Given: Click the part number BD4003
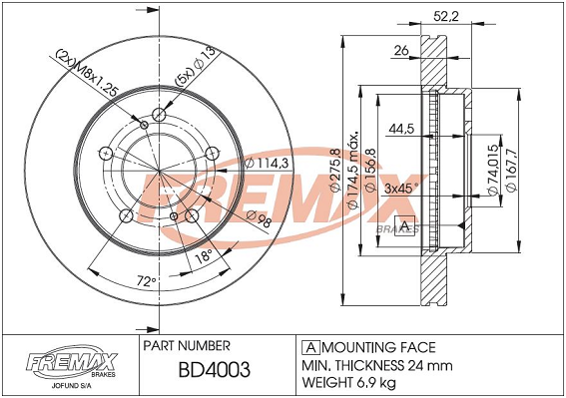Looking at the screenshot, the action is (214, 370).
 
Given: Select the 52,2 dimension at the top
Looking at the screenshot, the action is (446, 16).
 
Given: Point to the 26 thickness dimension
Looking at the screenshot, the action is (401, 51).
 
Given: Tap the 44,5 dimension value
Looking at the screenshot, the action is (400, 129).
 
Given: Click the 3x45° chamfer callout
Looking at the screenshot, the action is (401, 189).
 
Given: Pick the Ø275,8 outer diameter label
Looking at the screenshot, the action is (335, 171).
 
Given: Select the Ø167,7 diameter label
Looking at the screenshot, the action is (512, 170).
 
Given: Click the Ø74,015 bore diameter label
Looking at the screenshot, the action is (493, 171).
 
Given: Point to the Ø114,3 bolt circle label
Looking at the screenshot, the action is (267, 164).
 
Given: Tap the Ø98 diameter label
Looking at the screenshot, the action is (259, 219).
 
